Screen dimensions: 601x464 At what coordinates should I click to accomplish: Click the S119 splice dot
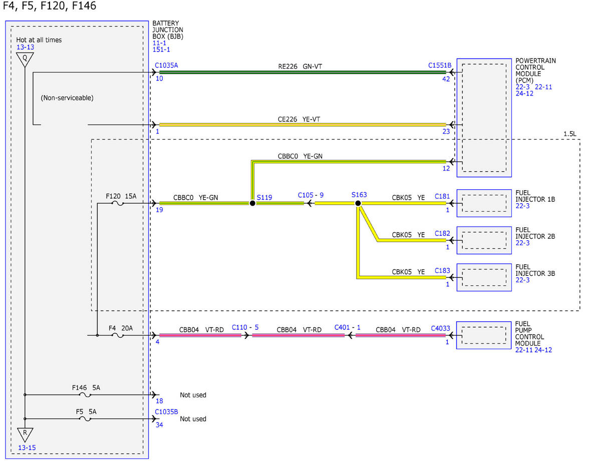pos(252,203)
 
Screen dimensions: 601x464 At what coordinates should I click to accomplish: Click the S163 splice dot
pos(358,203)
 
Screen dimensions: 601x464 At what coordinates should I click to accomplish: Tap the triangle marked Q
pos(25,60)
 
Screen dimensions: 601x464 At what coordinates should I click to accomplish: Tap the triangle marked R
pos(25,434)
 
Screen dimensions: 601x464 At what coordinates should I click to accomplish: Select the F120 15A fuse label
pos(121,196)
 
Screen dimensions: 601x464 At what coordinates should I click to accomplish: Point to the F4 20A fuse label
pos(120,328)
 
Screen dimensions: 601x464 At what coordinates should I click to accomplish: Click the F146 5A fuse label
pos(86,387)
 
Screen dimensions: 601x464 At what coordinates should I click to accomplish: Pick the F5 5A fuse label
pos(86,411)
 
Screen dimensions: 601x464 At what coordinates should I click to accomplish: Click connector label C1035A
pos(166,65)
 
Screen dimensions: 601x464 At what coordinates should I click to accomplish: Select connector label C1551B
pos(439,65)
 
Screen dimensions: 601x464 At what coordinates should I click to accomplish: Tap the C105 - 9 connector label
pos(311,195)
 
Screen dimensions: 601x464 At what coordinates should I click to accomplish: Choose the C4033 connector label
pos(440,328)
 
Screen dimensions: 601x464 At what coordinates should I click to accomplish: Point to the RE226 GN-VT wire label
pos(300,67)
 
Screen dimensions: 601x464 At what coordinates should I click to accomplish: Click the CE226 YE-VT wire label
pos(298,119)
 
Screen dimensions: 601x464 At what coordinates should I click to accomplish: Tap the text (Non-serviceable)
pos(67,98)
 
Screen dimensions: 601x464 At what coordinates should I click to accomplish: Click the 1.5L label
pos(570,134)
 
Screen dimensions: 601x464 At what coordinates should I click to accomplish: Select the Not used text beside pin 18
pos(193,395)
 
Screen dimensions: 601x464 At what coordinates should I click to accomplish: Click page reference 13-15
pos(27,447)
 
